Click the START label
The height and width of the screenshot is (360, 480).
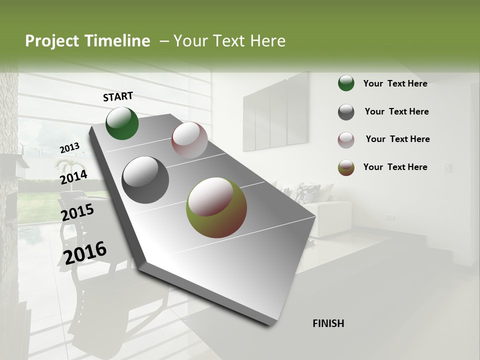pos(118,96)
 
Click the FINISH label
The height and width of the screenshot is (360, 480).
pos(328,323)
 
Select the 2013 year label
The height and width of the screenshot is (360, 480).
pos(70,148)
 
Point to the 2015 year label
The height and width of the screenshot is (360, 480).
pos(77,212)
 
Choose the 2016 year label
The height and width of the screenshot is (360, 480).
pos(85,252)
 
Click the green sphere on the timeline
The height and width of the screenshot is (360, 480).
pos(122,123)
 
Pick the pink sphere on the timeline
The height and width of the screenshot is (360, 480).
pos(189,140)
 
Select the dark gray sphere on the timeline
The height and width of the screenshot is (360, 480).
pos(145,180)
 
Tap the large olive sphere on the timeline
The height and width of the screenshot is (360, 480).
pos(216,207)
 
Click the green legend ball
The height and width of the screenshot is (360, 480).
pos(346,83)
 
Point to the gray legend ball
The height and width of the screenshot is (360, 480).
pos(346,112)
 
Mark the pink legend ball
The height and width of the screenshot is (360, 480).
pos(346,140)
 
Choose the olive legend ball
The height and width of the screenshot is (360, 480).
pos(346,167)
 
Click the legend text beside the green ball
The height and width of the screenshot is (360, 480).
pos(395,83)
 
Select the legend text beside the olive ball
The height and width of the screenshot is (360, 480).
pos(395,167)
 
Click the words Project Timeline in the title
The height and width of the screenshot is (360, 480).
pos(87,41)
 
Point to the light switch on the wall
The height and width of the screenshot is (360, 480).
pos(446,168)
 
